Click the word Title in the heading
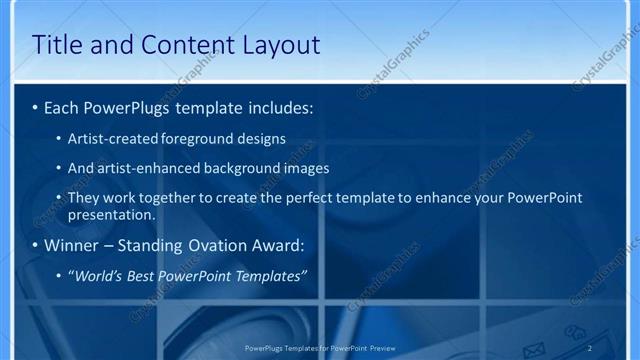59,45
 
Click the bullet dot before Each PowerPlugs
35,107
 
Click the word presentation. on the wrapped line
112,214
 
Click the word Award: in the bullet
281,245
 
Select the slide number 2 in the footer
589,347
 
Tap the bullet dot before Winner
35,245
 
